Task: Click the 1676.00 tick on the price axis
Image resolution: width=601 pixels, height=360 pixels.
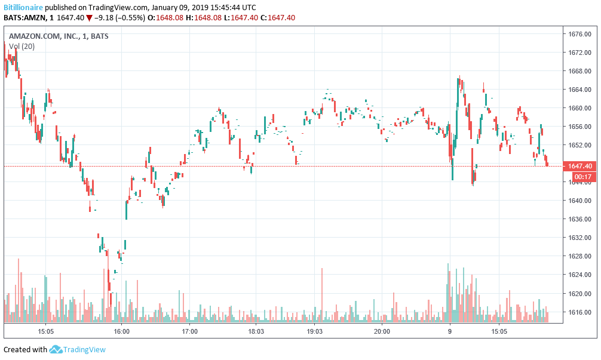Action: coord(579,34)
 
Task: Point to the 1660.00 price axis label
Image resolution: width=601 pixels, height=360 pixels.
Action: coord(579,108)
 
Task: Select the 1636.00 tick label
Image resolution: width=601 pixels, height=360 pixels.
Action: coord(579,219)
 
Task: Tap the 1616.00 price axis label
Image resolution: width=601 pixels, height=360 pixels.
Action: coord(579,312)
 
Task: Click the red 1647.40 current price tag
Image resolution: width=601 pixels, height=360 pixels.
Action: coord(580,166)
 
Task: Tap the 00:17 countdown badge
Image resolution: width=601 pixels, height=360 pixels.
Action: coord(582,177)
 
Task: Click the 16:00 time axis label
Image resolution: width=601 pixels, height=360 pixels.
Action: coord(121,331)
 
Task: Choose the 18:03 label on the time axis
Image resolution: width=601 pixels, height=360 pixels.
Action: coord(256,331)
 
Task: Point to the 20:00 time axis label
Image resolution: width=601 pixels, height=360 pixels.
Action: coord(382,331)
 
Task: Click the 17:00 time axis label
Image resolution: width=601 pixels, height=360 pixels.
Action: coord(189,331)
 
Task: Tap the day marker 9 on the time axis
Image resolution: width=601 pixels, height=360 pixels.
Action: coord(450,331)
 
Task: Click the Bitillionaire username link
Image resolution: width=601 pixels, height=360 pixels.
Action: coord(23,7)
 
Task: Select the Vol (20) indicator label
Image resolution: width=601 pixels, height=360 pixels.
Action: coord(22,46)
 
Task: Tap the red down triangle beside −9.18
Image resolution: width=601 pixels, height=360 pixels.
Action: coord(89,17)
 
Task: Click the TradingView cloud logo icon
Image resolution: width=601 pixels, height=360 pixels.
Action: coord(56,349)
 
